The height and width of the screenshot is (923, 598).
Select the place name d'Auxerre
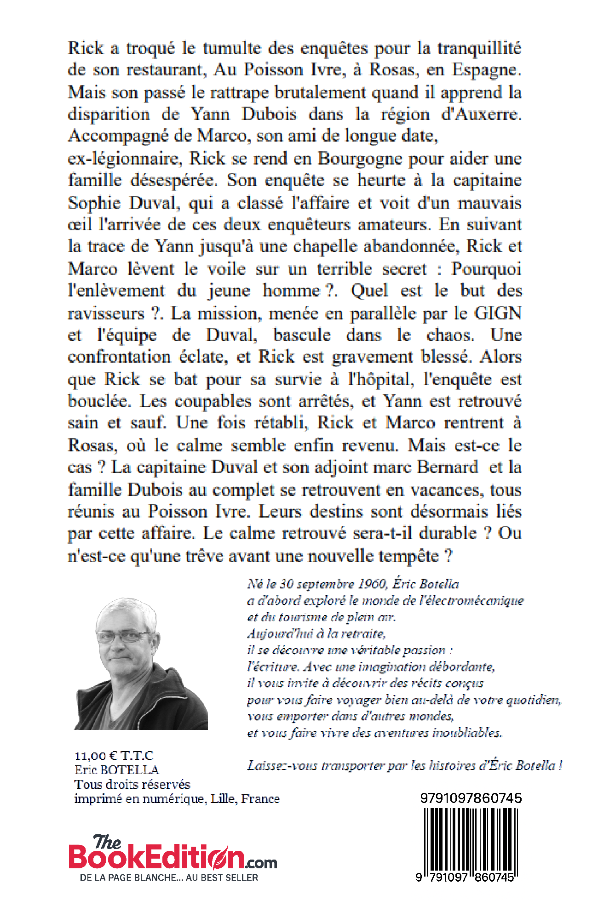coord(481,114)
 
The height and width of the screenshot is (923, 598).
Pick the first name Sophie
coord(94,203)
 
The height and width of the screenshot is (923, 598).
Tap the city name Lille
coord(223,799)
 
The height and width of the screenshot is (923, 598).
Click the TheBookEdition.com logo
coord(172,858)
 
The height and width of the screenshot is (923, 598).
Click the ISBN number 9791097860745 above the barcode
coord(471,798)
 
